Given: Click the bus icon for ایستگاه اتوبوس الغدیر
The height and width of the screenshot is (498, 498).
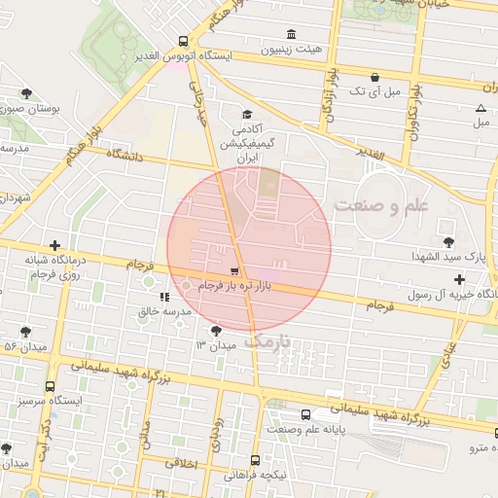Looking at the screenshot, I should pos(184,41).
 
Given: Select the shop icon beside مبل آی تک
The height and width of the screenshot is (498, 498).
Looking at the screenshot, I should pos(374,77).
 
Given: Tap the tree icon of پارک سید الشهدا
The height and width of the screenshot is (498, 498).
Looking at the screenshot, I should pos(447,241).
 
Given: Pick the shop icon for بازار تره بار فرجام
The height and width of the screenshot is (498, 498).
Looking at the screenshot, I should pos(234,272).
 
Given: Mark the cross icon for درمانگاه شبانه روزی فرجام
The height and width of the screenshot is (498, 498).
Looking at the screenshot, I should pos(55,246).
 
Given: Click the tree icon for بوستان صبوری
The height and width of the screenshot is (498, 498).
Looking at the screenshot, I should pos(25,94).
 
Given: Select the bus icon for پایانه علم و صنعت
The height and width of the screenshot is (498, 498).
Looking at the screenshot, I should pos(306,414).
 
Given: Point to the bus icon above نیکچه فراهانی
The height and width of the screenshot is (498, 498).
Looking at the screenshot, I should pos(255,460).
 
